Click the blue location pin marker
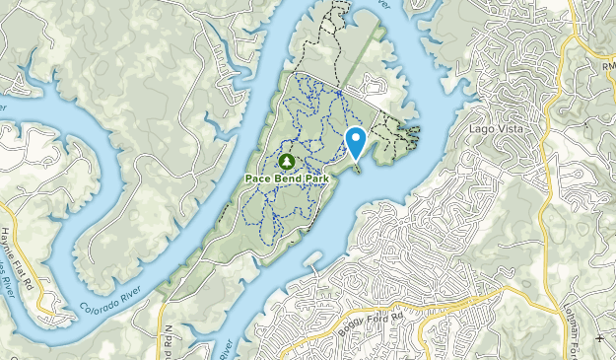coord(356,142)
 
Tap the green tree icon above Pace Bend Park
coord(286,160)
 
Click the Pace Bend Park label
coord(286,178)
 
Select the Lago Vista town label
coord(495,129)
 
